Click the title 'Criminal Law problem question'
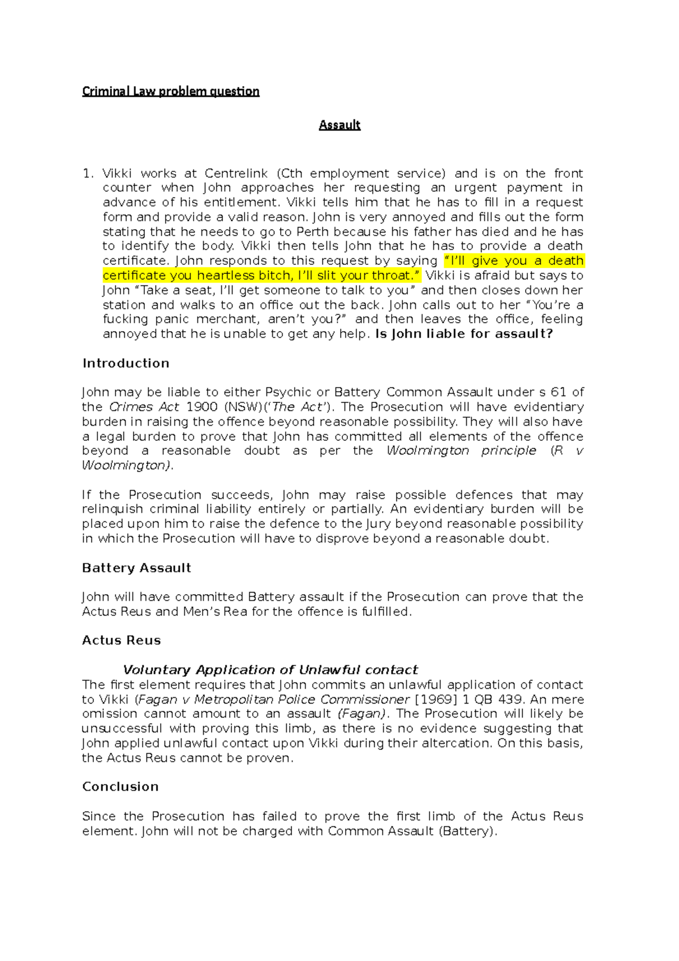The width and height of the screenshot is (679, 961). [x=170, y=91]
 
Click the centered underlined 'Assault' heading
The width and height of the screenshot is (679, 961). [x=339, y=125]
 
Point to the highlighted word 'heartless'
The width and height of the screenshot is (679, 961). [x=225, y=276]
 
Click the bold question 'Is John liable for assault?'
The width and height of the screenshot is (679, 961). [x=464, y=334]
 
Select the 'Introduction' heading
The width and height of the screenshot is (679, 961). [x=126, y=363]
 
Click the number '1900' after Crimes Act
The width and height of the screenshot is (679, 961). [x=201, y=407]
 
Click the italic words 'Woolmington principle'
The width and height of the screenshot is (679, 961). [x=461, y=451]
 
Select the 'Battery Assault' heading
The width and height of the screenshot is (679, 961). [x=136, y=568]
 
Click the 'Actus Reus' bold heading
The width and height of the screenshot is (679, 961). [x=121, y=641]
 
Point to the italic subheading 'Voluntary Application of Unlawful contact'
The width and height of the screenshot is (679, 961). [x=270, y=670]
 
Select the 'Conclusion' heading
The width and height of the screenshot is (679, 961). [x=120, y=787]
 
